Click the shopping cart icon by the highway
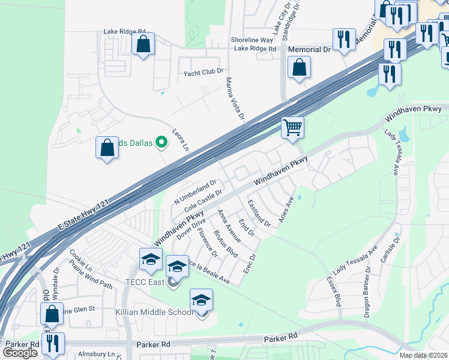coord(293,127)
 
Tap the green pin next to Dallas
coord(161,142)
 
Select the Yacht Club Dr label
coord(203,73)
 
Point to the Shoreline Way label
coord(253,40)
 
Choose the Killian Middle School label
coord(155,313)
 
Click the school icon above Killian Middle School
coord(201,300)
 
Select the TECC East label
coord(145,281)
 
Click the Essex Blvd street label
coord(334,290)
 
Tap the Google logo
coord(20,352)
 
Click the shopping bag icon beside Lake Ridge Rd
coord(143,44)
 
